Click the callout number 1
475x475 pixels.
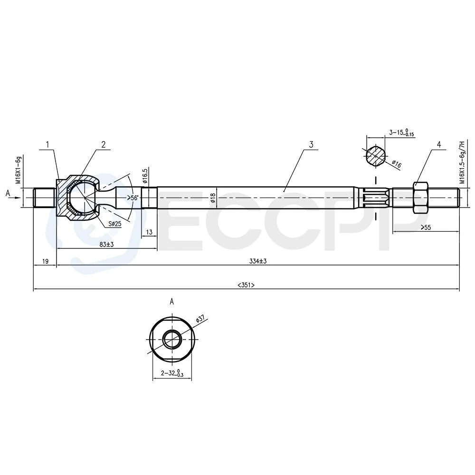[47, 144]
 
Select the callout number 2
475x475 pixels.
[103, 144]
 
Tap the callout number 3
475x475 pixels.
[311, 144]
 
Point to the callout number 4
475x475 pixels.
[438, 144]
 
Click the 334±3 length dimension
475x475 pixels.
[258, 261]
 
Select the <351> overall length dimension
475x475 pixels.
[246, 285]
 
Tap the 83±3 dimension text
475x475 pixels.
[106, 244]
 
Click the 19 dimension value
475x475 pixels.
[45, 261]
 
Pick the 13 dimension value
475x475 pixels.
[149, 232]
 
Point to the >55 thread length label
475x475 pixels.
[426, 227]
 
